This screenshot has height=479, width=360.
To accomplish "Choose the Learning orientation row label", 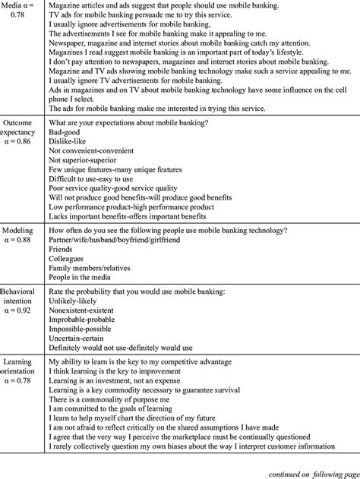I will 22,372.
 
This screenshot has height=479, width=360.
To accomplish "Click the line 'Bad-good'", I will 68,131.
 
